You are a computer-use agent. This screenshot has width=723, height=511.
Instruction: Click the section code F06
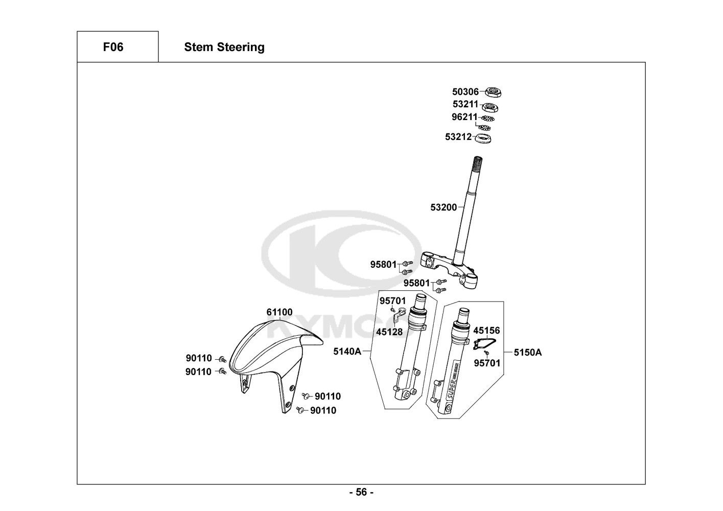(113, 47)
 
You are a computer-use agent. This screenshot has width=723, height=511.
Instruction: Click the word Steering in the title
(241, 48)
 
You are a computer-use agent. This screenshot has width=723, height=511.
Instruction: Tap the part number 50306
(465, 92)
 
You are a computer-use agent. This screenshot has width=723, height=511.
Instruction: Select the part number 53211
(465, 104)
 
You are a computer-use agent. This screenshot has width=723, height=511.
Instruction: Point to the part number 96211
(464, 117)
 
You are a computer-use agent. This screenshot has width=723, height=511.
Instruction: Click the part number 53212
(458, 137)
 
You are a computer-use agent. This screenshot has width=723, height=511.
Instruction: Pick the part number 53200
(444, 207)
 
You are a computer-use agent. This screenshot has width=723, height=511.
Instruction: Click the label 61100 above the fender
(279, 312)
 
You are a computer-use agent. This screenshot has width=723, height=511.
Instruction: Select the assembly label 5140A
(347, 352)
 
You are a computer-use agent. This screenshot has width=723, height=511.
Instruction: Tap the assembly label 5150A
(528, 353)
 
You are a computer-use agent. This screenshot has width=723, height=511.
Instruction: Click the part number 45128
(389, 332)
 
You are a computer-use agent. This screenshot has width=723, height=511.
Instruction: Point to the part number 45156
(486, 331)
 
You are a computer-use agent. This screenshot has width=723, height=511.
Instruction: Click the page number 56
(361, 492)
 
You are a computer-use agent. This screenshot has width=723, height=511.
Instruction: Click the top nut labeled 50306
(493, 92)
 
